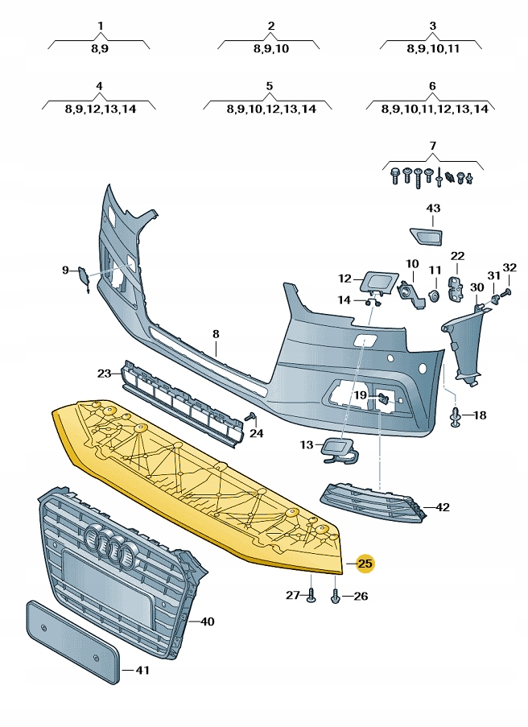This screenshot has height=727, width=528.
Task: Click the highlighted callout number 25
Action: click(x=365, y=564)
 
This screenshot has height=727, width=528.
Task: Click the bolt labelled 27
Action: click(x=311, y=595)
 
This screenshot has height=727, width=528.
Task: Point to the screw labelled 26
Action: click(x=335, y=597)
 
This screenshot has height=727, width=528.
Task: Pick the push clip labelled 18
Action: click(x=456, y=416)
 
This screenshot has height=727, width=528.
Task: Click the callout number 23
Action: click(x=105, y=373)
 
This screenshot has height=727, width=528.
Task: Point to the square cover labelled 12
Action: click(x=376, y=281)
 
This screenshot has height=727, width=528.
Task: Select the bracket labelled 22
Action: click(x=456, y=287)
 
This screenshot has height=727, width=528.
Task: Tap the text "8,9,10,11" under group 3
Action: click(x=432, y=48)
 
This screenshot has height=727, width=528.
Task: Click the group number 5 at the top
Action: click(x=269, y=85)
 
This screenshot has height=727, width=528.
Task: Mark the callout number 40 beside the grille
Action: click(x=207, y=621)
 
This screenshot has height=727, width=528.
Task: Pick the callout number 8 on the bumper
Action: click(x=216, y=333)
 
